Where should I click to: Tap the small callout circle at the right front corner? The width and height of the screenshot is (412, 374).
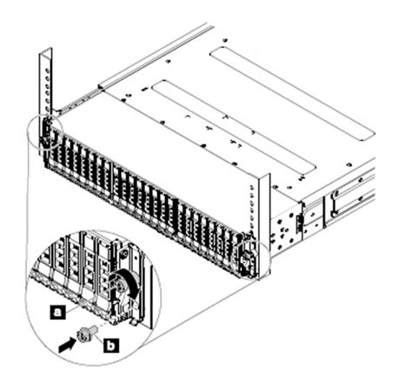(250, 255)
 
